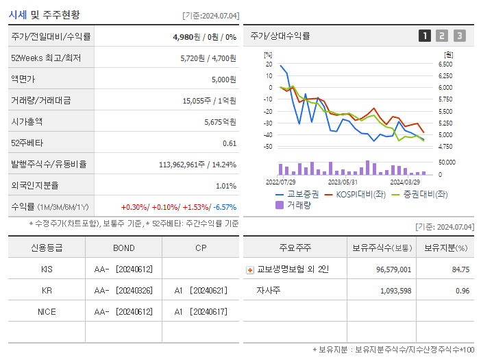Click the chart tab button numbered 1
[x=425, y=36]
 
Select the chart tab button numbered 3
[x=459, y=36]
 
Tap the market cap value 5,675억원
[x=220, y=121]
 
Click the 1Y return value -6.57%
[x=225, y=206]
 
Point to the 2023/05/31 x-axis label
[x=343, y=182]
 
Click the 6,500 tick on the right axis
[x=445, y=64]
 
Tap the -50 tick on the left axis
[x=269, y=146]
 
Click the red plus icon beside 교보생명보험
[x=250, y=269]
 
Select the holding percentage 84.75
[x=460, y=269]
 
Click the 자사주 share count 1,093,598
[x=395, y=291]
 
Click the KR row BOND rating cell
[x=123, y=291]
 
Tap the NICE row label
[x=47, y=311]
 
